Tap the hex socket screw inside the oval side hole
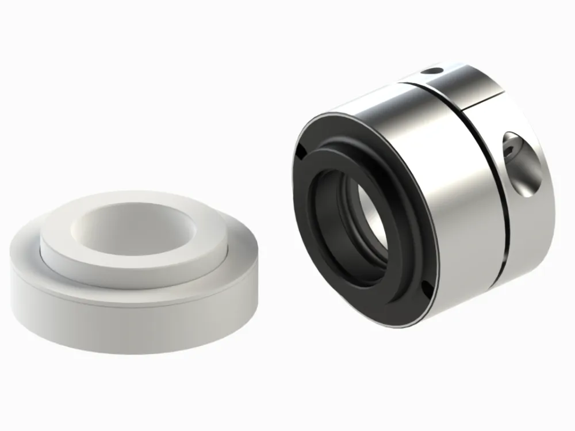[x=513, y=151]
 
